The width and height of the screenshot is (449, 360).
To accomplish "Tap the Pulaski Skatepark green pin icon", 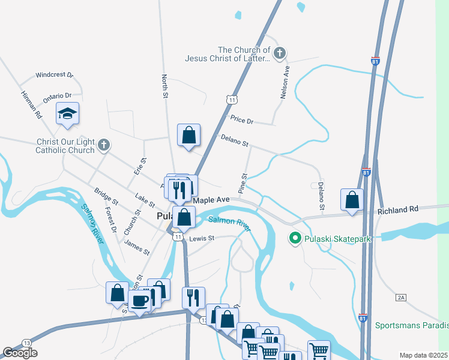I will pyautogui.click(x=295, y=238).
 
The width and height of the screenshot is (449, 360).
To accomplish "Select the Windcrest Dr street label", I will pyautogui.click(x=54, y=76).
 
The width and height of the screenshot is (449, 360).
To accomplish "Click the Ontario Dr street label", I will pyautogui.click(x=57, y=96).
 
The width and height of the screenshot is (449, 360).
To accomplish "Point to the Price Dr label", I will pyautogui.click(x=243, y=120).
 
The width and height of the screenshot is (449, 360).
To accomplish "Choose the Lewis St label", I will pyautogui.click(x=202, y=238).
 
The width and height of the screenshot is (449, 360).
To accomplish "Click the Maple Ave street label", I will pyautogui.click(x=211, y=199).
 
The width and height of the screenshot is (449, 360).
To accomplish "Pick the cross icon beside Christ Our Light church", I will pyautogui.click(x=104, y=145).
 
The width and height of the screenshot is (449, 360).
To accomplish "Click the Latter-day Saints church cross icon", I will pyautogui.click(x=279, y=54).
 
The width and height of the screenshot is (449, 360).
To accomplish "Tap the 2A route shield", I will pyautogui.click(x=402, y=297).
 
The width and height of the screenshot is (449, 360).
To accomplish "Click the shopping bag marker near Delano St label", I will pyautogui.click(x=189, y=135).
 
